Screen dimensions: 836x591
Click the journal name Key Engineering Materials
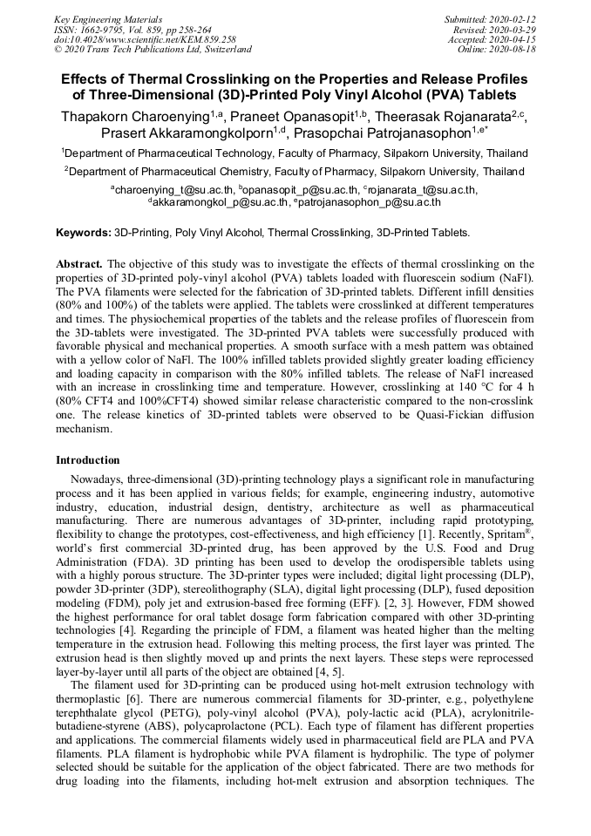pyautogui.click(x=108, y=19)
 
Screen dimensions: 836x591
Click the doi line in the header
pyautogui.click(x=145, y=39)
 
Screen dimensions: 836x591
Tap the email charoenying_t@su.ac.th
pyautogui.click(x=174, y=189)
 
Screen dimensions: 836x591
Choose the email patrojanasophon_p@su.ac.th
pyautogui.click(x=370, y=202)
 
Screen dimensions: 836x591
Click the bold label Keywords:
pyautogui.click(x=84, y=233)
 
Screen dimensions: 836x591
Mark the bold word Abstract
pyautogui.click(x=79, y=263)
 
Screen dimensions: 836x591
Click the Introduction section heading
pyautogui.click(x=88, y=460)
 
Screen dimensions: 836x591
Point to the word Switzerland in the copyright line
pyautogui.click(x=220, y=50)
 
